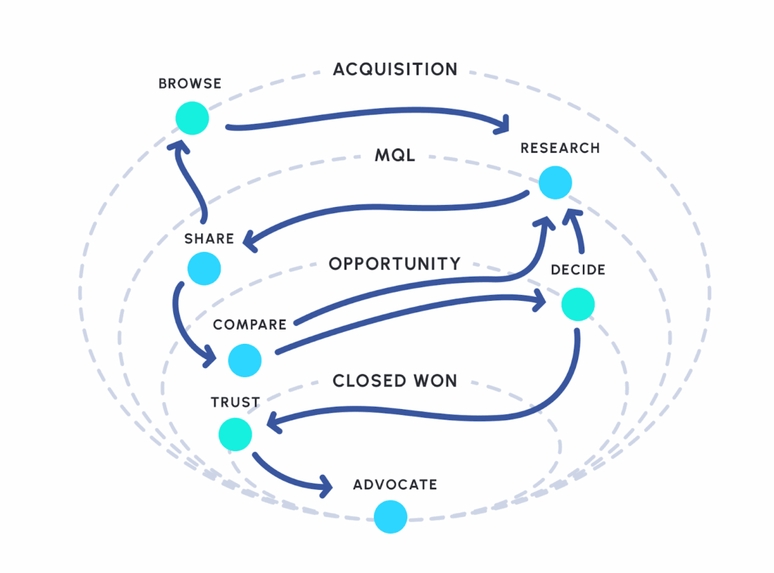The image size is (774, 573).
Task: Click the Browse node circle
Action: coord(192,119)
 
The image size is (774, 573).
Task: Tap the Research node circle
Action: coord(556,183)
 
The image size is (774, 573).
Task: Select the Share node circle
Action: coord(204,268)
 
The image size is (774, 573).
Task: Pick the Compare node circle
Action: coord(245,360)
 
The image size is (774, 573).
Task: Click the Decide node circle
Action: coord(578,304)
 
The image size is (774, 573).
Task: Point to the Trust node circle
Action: coord(235,435)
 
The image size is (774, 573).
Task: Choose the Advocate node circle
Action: coord(391,518)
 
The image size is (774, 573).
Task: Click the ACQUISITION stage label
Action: coord(395,70)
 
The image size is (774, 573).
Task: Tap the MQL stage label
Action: coord(395,156)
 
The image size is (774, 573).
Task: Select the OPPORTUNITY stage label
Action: coord(395,264)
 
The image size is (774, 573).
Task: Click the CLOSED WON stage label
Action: coord(395,380)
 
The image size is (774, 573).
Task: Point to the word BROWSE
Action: coord(190,84)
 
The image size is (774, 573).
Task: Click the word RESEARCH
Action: coord(560,148)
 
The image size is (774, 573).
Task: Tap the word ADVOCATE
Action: coord(395,485)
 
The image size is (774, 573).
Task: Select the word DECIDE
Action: coord(578,270)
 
